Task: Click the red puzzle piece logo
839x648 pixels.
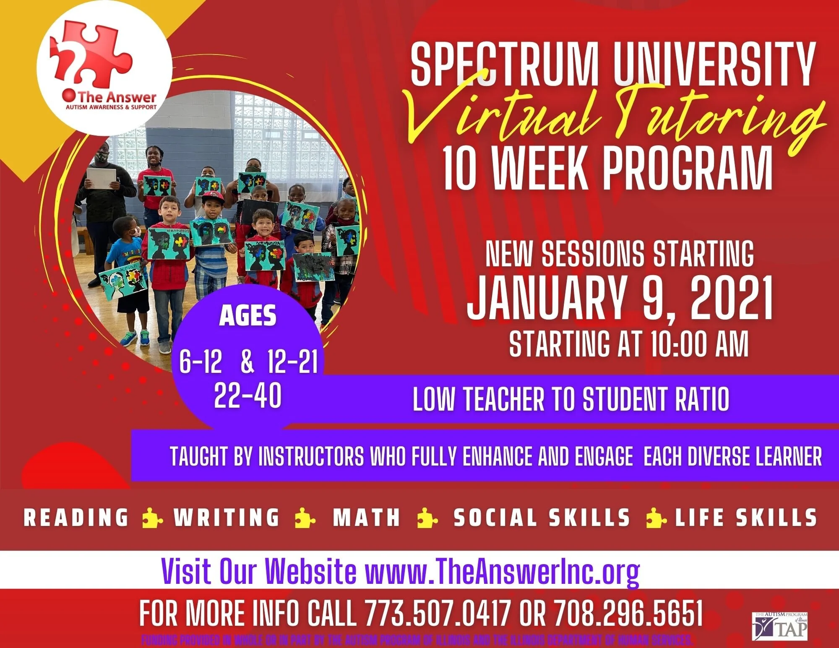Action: [90, 52]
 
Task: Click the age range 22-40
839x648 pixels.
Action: [248, 396]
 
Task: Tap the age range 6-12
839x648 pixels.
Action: [201, 362]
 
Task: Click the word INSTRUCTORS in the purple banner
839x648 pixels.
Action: [311, 456]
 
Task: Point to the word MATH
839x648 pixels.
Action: [367, 518]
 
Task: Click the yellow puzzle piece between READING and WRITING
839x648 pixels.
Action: [151, 518]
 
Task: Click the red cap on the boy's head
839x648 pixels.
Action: [213, 196]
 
